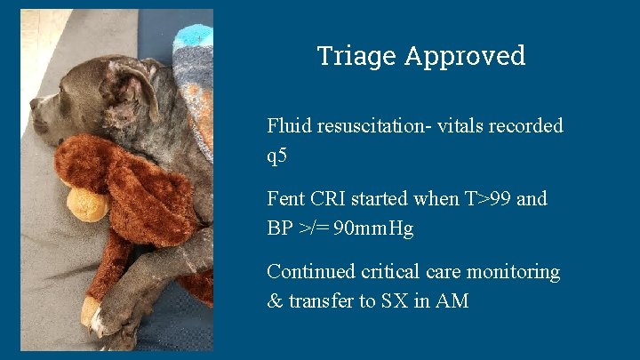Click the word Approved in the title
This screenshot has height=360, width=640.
pos(465,56)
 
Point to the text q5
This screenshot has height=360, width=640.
pos(277,156)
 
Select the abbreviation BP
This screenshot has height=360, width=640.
pos(280,228)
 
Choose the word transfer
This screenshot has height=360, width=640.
pos(320,301)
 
